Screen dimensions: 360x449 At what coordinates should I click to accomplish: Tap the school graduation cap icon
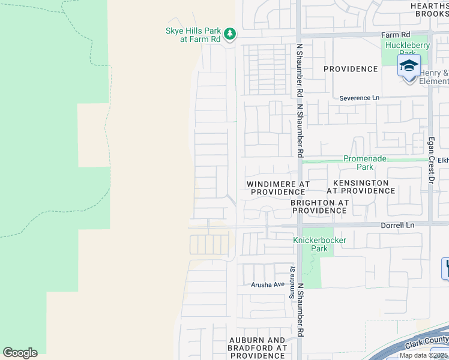[409, 65]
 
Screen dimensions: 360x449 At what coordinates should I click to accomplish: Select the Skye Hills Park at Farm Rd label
[194, 35]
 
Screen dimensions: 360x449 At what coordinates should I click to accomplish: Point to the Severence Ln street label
[360, 98]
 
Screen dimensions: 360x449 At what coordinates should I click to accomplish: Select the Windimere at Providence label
[278, 187]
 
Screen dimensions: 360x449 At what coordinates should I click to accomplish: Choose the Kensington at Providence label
[361, 187]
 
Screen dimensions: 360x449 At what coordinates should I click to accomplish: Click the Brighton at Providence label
[319, 207]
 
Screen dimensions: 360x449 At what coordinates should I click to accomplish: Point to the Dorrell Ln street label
[398, 225]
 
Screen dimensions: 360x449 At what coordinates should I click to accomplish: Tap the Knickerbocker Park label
[319, 244]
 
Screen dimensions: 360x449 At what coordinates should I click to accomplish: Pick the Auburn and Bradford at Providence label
[258, 348]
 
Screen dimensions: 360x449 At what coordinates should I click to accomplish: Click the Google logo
[20, 353]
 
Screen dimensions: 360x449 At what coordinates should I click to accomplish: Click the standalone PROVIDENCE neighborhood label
[351, 69]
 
